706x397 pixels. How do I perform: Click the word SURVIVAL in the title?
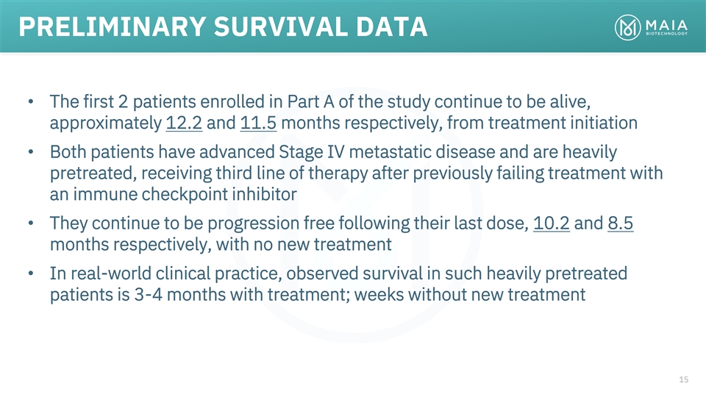280,26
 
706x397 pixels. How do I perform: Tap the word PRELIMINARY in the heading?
113,26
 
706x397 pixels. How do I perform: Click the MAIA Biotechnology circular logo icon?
627,27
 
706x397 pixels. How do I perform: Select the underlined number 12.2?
184,123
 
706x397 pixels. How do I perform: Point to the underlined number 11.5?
258,123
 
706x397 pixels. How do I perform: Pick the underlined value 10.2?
552,223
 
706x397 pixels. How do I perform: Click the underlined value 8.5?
621,223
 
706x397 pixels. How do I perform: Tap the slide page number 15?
683,379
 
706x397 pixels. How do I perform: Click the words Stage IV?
312,152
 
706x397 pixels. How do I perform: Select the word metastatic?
390,152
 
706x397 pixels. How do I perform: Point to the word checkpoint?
184,194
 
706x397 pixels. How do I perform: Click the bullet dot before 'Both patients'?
31,152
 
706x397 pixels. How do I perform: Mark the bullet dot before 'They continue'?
31,223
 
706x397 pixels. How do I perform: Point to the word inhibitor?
264,194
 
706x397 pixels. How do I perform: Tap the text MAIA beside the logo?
666,25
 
